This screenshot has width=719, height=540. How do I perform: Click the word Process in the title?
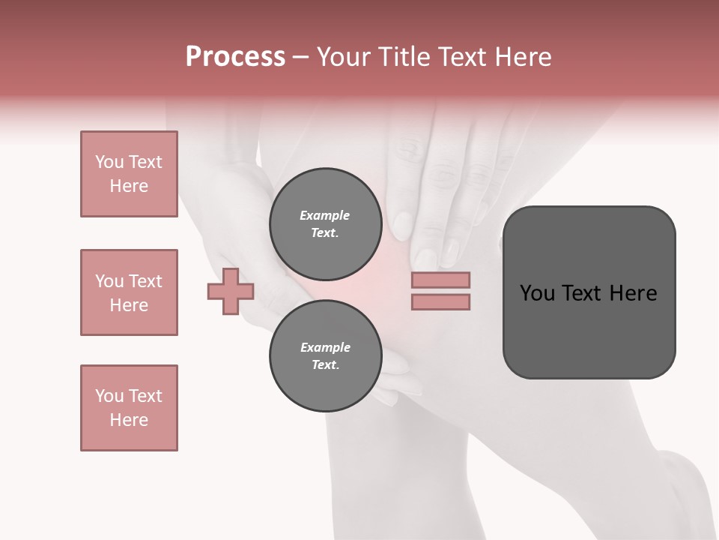[x=235, y=57]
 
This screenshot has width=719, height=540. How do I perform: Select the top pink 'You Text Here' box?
[x=129, y=174]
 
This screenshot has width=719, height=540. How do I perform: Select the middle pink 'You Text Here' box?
[x=129, y=292]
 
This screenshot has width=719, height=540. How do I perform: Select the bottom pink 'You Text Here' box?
[x=129, y=408]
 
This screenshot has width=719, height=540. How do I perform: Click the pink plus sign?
[x=231, y=291]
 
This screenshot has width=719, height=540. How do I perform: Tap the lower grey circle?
[x=325, y=356]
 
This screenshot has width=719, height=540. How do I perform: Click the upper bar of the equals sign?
[x=440, y=280]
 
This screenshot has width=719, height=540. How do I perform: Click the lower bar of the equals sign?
[x=440, y=301]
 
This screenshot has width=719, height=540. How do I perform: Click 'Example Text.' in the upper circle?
[x=325, y=224]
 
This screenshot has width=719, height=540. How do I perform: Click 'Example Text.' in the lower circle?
[x=325, y=356]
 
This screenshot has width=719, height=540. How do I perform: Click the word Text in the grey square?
[x=589, y=293]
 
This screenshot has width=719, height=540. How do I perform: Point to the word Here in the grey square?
[x=634, y=293]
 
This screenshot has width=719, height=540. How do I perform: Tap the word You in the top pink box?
[x=109, y=162]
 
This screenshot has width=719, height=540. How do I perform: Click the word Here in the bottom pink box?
[x=129, y=420]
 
